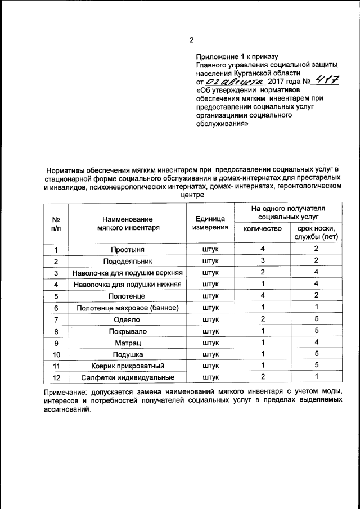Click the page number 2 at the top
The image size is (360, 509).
[x=191, y=40]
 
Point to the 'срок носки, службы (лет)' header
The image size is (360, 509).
[x=316, y=232]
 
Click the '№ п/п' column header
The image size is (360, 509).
[x=56, y=223]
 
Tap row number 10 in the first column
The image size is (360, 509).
[x=56, y=354]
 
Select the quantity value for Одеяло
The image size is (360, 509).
[x=262, y=319]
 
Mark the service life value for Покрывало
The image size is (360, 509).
[x=316, y=331]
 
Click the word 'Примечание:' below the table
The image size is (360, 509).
[x=67, y=391]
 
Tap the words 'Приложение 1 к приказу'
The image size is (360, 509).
[x=237, y=56]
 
